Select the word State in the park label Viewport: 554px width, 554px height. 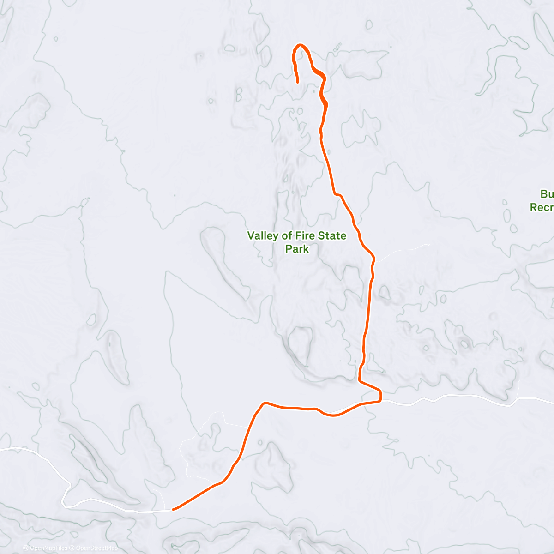tap(331, 236)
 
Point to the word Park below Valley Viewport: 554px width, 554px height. tap(297, 249)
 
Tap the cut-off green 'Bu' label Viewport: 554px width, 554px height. tap(547, 194)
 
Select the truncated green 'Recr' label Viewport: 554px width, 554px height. tap(542, 208)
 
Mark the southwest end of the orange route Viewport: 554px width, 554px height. tap(173, 509)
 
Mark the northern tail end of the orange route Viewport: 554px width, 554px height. tap(298, 82)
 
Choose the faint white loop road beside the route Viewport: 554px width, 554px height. tap(194, 443)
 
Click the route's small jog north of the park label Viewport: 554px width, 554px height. tap(337, 194)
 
